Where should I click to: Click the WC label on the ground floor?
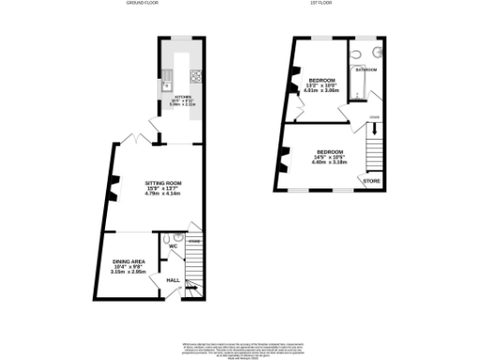pyautogui.click(x=173, y=247)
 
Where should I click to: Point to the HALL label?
pyautogui.click(x=173, y=279)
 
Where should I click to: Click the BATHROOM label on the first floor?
pyautogui.click(x=367, y=70)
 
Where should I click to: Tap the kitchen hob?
pyautogui.click(x=197, y=76)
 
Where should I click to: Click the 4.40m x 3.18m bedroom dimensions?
pyautogui.click(x=329, y=161)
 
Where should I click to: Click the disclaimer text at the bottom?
pyautogui.click(x=239, y=344)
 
